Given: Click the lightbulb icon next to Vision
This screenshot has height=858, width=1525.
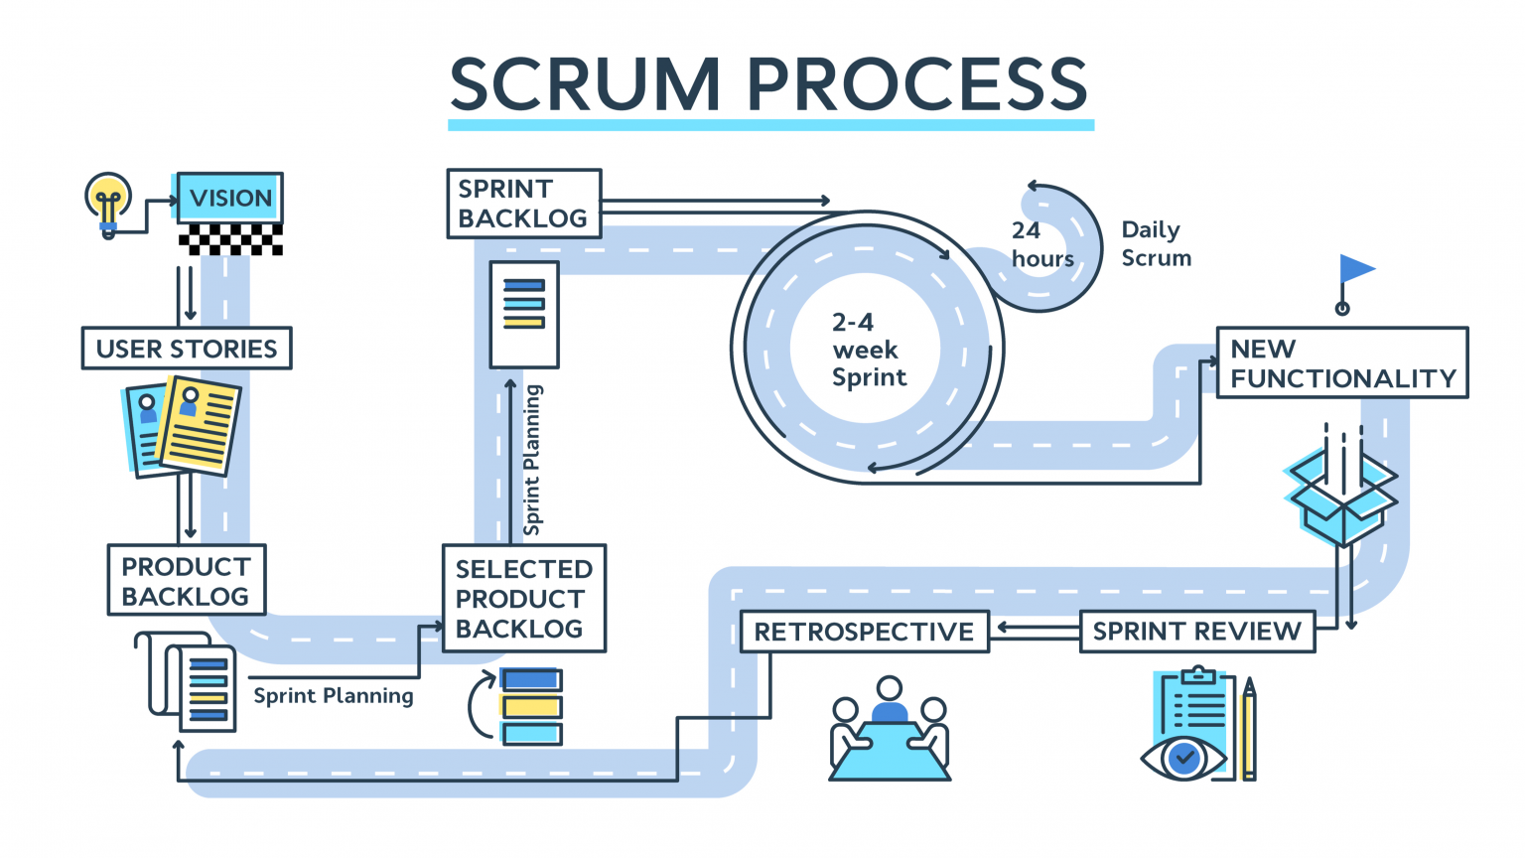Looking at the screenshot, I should click(x=108, y=204).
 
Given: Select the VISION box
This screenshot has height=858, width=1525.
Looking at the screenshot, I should click(x=229, y=198).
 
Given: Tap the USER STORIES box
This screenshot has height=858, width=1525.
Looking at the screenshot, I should click(x=187, y=349).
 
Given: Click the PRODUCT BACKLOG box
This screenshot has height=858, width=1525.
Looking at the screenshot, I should click(x=187, y=581).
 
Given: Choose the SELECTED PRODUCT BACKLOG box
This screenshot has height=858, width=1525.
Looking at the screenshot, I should click(x=523, y=599).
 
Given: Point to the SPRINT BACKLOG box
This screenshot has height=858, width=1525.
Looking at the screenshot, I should click(x=523, y=204).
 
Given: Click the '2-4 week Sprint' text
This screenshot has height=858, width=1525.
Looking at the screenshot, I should click(x=868, y=350).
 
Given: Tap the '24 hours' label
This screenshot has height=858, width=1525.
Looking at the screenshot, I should click(x=1041, y=244).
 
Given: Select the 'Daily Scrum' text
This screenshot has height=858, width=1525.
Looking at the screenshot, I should click(x=1156, y=243).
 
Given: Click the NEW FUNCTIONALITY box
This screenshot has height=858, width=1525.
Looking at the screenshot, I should click(x=1341, y=363).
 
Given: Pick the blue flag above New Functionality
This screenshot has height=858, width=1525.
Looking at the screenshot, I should click(x=1354, y=270).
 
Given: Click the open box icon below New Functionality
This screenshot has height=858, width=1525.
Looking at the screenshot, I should click(x=1341, y=495).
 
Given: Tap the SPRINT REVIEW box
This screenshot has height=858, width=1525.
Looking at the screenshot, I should click(x=1196, y=632).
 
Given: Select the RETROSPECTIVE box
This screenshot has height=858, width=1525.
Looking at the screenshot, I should click(x=864, y=632).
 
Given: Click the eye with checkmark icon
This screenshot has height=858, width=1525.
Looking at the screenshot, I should click(x=1183, y=760).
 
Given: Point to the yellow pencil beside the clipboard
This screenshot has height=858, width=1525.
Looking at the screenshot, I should click(x=1248, y=730).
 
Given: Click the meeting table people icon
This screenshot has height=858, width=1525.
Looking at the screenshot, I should click(x=890, y=731).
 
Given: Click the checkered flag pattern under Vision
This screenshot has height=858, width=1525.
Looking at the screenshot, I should click(x=230, y=239).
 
